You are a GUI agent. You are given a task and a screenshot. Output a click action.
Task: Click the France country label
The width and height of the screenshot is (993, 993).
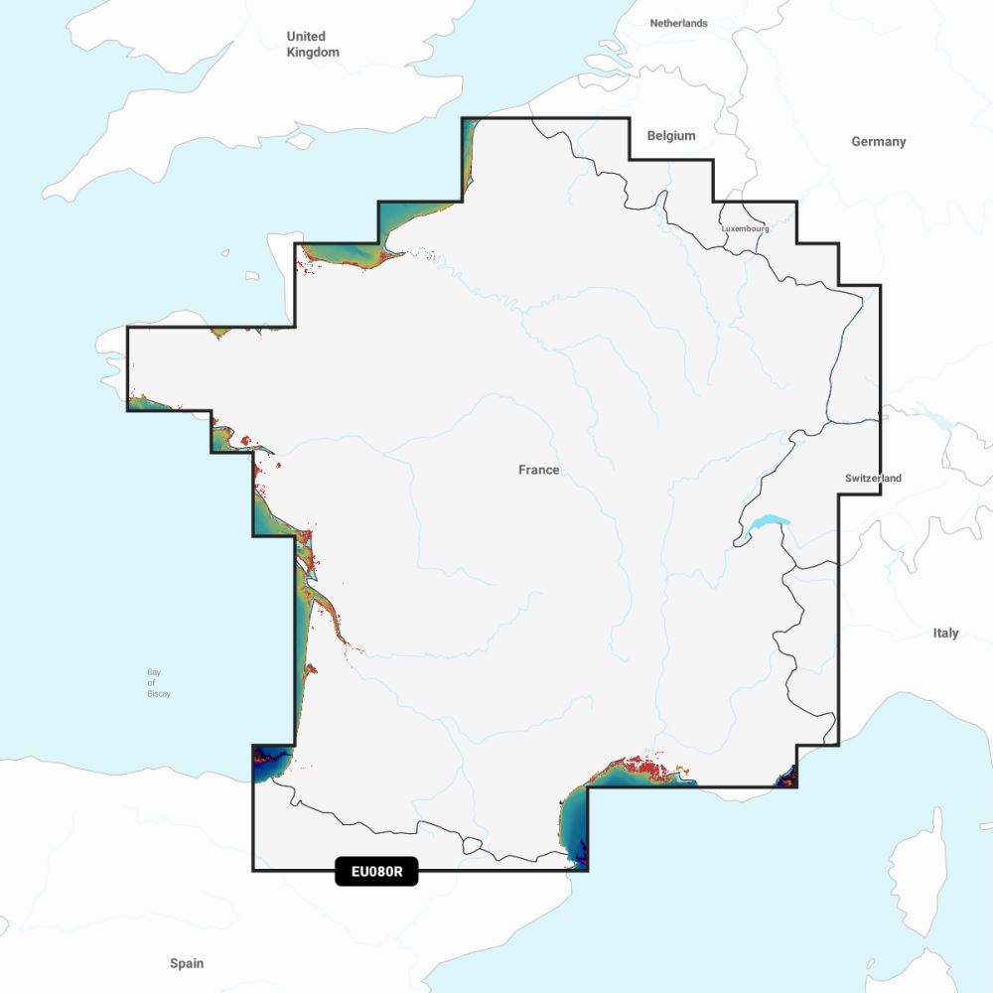pyautogui.click(x=539, y=470)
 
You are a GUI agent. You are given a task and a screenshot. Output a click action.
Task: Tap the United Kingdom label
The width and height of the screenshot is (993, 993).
pyautogui.click(x=313, y=45)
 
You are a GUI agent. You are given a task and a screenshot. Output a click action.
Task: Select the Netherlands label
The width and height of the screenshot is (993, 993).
pyautogui.click(x=679, y=23)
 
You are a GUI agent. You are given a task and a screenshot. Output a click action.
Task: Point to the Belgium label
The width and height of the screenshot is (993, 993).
pyautogui.click(x=671, y=136)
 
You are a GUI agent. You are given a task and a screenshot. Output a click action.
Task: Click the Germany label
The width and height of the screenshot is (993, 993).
pyautogui.click(x=879, y=142)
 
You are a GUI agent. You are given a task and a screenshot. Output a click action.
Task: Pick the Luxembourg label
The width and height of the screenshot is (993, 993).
pyautogui.click(x=745, y=228)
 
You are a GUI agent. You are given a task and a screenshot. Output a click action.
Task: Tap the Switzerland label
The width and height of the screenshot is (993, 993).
pyautogui.click(x=874, y=479)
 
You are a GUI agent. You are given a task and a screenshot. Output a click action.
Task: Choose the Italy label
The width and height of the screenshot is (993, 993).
pyautogui.click(x=945, y=633)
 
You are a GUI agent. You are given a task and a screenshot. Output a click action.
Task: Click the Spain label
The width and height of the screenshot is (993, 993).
pyautogui.click(x=187, y=963)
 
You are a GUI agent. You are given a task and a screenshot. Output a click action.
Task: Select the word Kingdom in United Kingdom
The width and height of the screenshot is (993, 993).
pyautogui.click(x=313, y=53)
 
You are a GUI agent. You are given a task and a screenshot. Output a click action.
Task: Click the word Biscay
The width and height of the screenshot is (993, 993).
pyautogui.click(x=159, y=694)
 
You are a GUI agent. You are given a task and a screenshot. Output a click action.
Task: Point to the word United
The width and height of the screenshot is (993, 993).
pyautogui.click(x=306, y=37)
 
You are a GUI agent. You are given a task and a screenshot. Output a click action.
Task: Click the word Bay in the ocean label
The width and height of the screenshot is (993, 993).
pyautogui.click(x=154, y=672)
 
